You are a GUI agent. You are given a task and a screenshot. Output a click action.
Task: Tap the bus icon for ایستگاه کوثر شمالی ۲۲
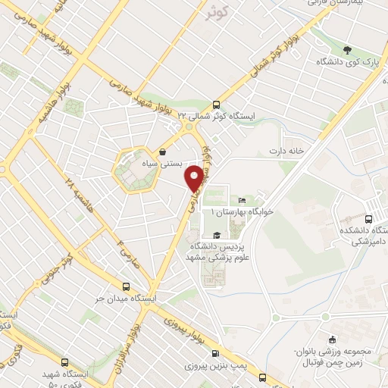217,105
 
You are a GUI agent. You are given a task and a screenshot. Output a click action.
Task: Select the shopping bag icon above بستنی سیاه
163,151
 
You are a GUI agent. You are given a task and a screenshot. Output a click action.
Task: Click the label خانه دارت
285,151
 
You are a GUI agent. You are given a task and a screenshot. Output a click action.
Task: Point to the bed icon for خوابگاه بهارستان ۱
242,199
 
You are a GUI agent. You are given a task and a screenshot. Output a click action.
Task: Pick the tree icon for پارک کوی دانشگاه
347,51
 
